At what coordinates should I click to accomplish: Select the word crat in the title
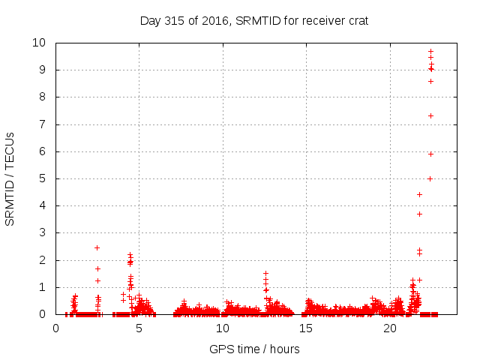pos(356,20)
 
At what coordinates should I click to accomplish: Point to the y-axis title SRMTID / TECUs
pos(10,178)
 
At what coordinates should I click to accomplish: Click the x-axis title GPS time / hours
pos(254,349)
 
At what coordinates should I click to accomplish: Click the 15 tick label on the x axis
pos(306,328)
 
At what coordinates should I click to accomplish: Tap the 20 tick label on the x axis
pos(389,328)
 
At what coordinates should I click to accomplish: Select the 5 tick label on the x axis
pos(139,328)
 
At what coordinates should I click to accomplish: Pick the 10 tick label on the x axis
pos(223,328)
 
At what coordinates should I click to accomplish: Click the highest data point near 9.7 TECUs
pos(430,51)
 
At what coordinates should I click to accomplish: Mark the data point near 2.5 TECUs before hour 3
pos(97,247)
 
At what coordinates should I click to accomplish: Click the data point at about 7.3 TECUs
pos(430,115)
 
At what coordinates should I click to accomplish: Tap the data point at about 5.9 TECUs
pos(430,154)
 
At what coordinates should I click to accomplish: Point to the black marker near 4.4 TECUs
pos(419,194)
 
